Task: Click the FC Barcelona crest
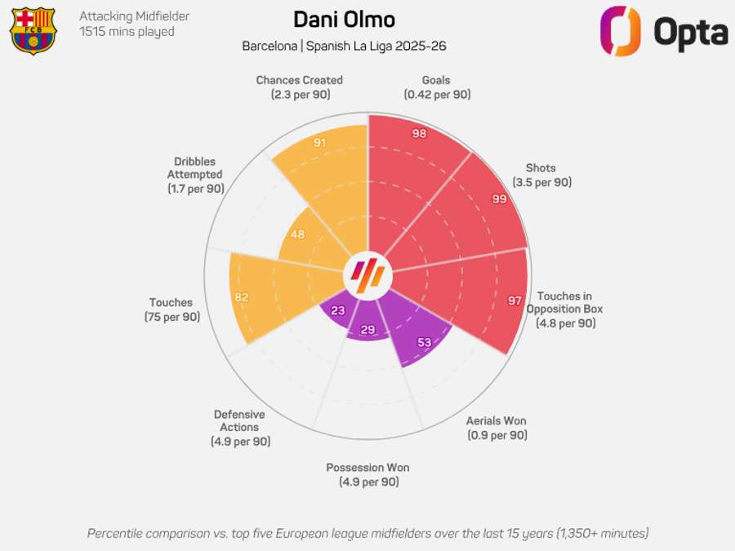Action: (x=33, y=30)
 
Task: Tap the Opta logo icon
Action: (x=621, y=32)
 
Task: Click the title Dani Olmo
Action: (x=344, y=20)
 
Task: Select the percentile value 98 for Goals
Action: (x=420, y=134)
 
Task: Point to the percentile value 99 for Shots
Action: (x=500, y=198)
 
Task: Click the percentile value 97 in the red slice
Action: (x=514, y=301)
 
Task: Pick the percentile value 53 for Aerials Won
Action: (x=425, y=342)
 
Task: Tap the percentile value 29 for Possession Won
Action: (x=367, y=330)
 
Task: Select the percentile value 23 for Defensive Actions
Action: (x=337, y=310)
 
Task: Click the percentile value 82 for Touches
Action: (x=241, y=297)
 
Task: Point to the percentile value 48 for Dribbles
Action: (x=297, y=234)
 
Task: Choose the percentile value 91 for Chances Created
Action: (x=320, y=143)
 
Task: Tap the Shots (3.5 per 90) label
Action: (x=541, y=176)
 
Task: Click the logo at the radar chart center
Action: (x=367, y=276)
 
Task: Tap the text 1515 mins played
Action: (x=127, y=32)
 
